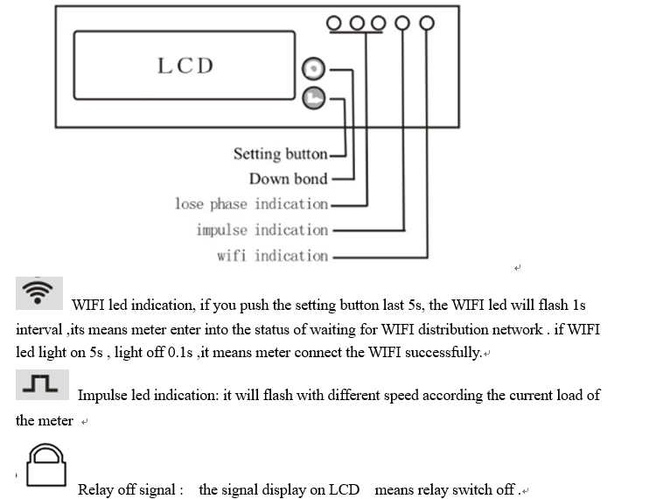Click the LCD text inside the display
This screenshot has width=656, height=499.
[x=185, y=66]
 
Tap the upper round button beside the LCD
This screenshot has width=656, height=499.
[x=313, y=68]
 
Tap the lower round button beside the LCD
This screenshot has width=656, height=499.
[x=313, y=98]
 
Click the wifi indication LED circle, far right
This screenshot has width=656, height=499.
[x=427, y=23]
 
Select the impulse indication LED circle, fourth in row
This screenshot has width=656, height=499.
[x=402, y=23]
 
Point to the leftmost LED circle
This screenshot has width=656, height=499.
[x=333, y=23]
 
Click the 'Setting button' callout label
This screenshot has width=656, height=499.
[x=280, y=154]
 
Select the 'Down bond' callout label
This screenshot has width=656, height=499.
[x=289, y=179]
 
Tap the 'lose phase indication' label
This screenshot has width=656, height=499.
[x=251, y=204]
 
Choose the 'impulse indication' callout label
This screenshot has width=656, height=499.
[x=262, y=230]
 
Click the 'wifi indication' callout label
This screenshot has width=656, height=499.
[x=272, y=256]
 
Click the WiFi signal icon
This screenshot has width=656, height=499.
[x=39, y=292]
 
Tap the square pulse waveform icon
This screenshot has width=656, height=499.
[x=42, y=384]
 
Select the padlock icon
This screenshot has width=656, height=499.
[x=46, y=465]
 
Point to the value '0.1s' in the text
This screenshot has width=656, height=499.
[x=180, y=353]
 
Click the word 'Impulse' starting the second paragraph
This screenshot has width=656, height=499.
[x=102, y=396]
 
